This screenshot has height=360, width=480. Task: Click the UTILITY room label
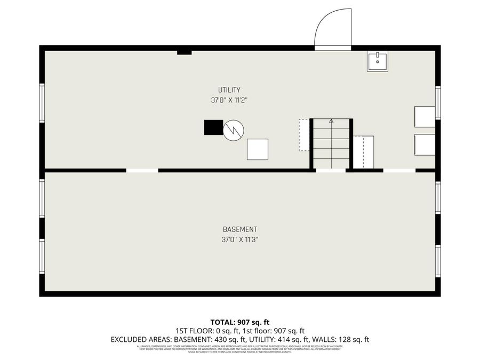pyautogui.click(x=229, y=90)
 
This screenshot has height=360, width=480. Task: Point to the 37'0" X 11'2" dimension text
pyautogui.click(x=229, y=100)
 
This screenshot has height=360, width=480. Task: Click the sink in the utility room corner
pyautogui.click(x=377, y=61)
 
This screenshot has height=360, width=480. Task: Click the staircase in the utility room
pyautogui.click(x=331, y=143)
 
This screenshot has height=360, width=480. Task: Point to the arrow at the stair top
pyautogui.click(x=331, y=121)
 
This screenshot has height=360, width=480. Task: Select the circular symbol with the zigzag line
pyautogui.click(x=233, y=130)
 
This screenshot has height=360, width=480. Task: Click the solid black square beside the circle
pyautogui.click(x=213, y=127)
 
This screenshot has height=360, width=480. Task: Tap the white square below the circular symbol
pyautogui.click(x=258, y=149)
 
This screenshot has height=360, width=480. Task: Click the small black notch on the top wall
pyautogui.click(x=184, y=52)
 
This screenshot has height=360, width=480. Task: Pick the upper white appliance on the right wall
pyautogui.click(x=425, y=116)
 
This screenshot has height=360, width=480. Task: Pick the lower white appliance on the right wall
pyautogui.click(x=425, y=144)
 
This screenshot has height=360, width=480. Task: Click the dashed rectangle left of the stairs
pyautogui.click(x=304, y=135)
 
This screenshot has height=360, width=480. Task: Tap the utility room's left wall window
pyautogui.click(x=42, y=103)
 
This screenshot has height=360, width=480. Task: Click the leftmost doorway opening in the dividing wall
pyautogui.click(x=142, y=170)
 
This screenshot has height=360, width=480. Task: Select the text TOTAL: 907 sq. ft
pyautogui.click(x=240, y=322)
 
